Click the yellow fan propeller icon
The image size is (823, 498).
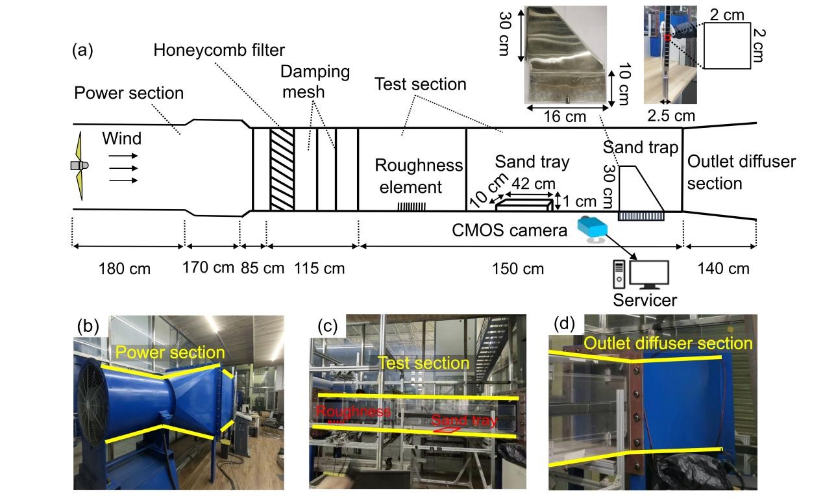click(80, 166)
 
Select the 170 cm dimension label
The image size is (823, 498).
click(208, 266)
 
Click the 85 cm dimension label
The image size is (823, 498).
click(262, 268)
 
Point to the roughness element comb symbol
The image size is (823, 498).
click(411, 206)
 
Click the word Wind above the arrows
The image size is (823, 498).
click(121, 138)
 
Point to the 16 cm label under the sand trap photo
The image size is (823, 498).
click(564, 117)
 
